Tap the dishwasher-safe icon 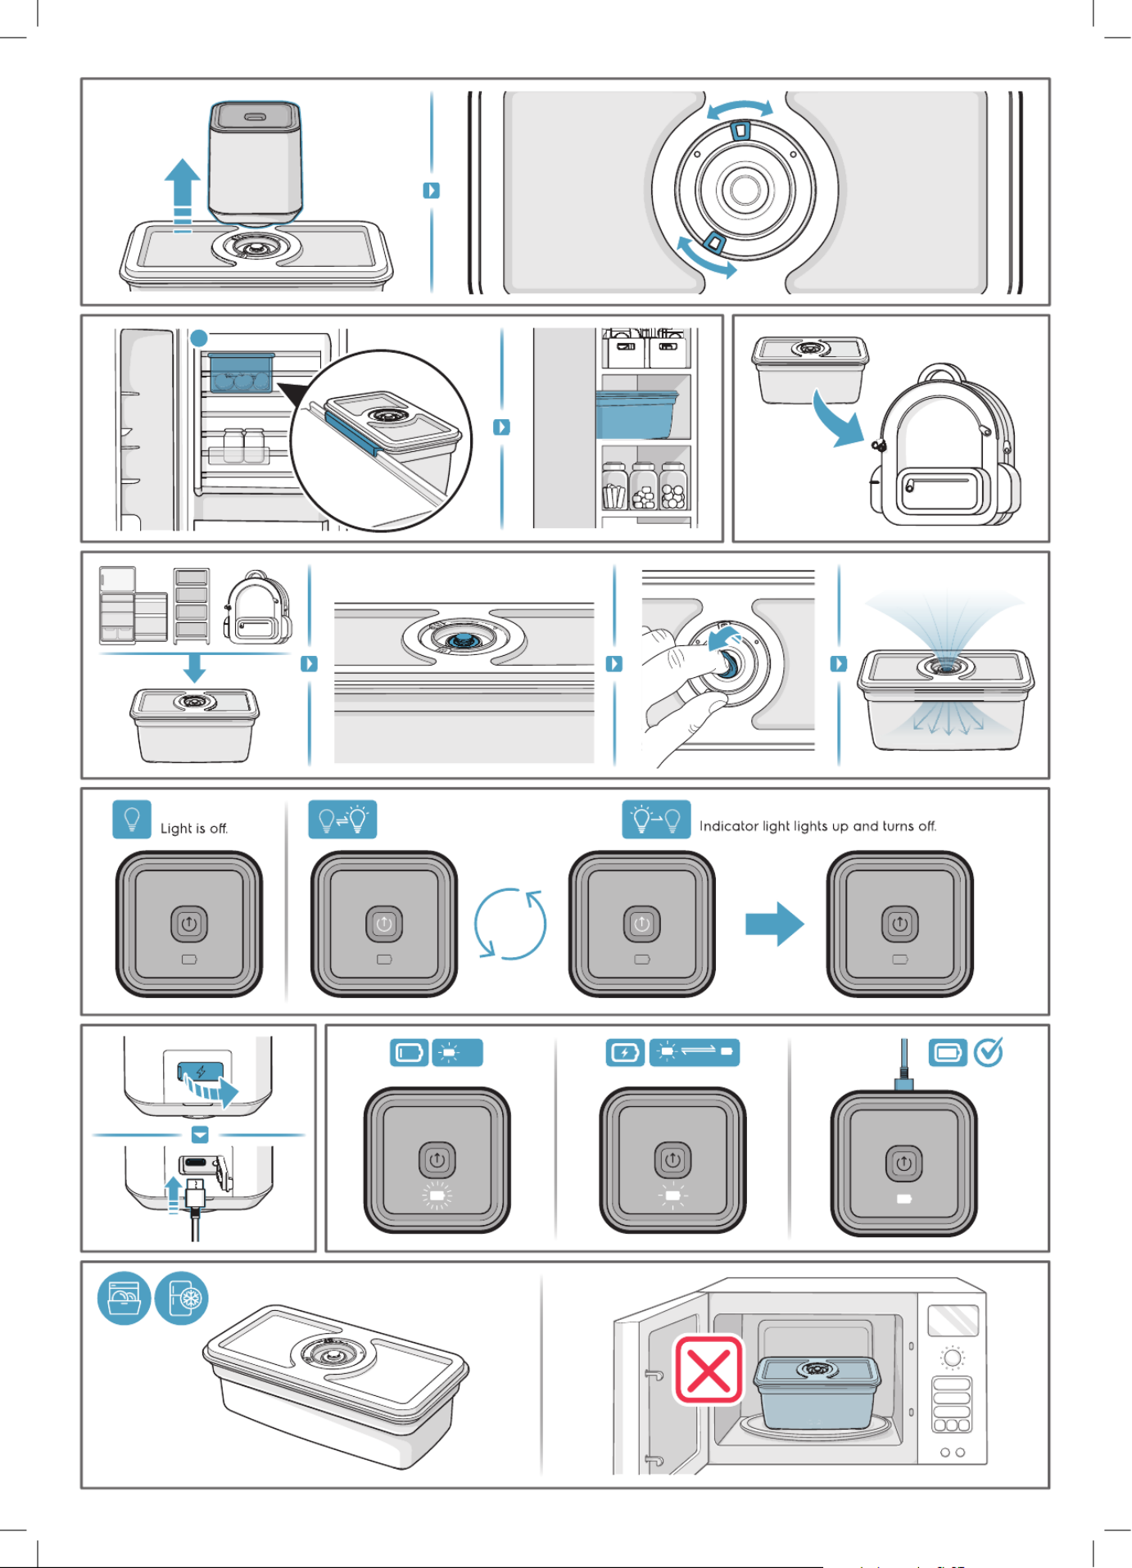[x=124, y=1299]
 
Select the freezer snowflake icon [x=182, y=1299]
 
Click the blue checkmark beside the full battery [x=989, y=1052]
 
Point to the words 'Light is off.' [x=194, y=829]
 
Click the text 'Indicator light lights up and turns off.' [x=817, y=826]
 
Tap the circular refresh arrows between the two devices [x=510, y=924]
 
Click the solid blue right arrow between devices [x=774, y=924]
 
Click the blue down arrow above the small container [x=194, y=667]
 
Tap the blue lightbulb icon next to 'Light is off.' [x=132, y=820]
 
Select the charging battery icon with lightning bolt [x=625, y=1052]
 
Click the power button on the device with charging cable [x=903, y=1163]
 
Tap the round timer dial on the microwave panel [x=952, y=1358]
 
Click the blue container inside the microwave [x=817, y=1394]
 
